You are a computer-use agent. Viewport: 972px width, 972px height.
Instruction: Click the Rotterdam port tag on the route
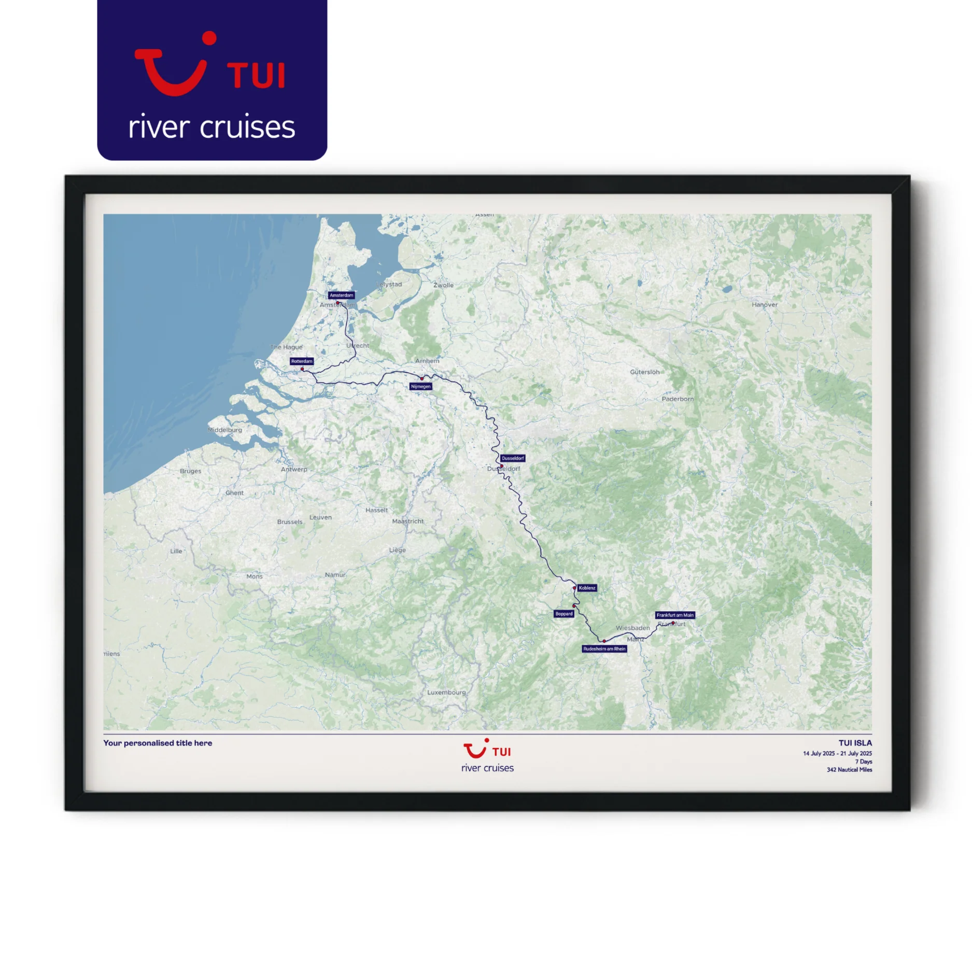coord(301,361)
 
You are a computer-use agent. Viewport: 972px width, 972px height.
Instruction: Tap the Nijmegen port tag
coord(420,386)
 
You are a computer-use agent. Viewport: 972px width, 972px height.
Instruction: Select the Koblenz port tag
coord(587,588)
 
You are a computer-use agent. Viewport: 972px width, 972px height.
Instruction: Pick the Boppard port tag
coord(564,614)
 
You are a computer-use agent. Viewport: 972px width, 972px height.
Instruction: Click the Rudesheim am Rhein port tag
coord(604,649)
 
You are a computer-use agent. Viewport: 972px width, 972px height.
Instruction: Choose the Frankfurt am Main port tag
coord(674,615)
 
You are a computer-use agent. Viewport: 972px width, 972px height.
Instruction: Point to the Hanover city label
coord(764,305)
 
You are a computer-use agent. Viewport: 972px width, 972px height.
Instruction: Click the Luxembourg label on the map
coord(446,693)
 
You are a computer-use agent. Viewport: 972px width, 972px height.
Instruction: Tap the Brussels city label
coord(289,522)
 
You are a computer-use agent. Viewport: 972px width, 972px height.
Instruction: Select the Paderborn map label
coord(677,399)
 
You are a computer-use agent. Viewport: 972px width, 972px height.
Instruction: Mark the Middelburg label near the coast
coord(224,430)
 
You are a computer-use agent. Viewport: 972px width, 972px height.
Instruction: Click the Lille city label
coord(176,551)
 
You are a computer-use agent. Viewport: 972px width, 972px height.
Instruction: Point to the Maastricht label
coord(407,522)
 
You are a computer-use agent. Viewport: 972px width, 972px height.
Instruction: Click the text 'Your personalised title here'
coord(158,743)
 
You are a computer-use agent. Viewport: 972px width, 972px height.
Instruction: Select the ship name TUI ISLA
coord(855,743)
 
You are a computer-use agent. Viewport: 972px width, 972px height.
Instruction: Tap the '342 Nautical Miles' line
coord(849,770)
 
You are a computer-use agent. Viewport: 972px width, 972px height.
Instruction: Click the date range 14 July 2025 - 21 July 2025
coord(837,753)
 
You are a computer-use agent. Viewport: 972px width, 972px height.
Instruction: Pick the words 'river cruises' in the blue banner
coord(212,127)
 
